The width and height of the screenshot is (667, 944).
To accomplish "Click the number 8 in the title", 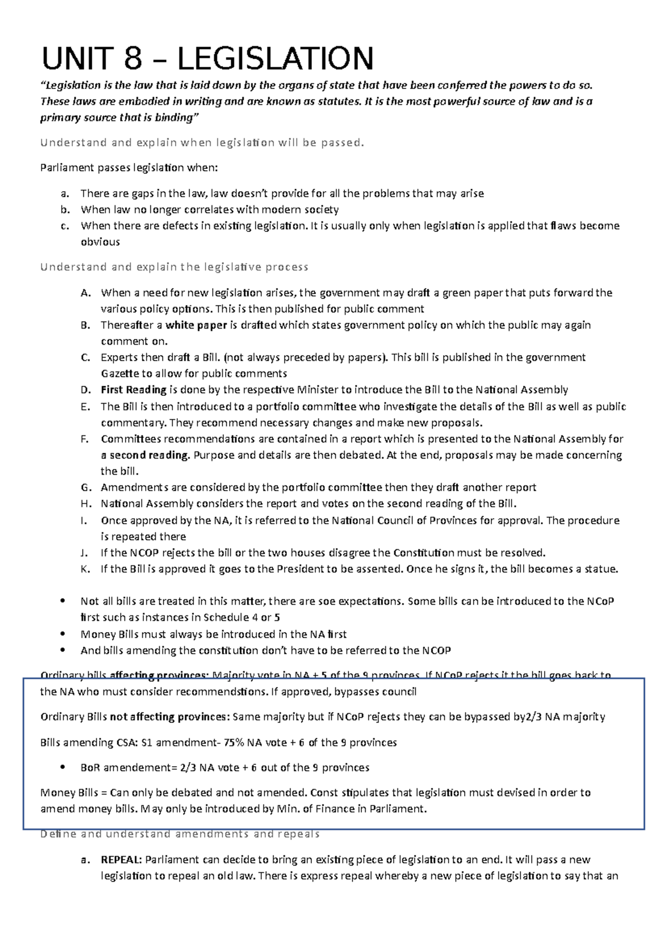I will pyautogui.click(x=133, y=59).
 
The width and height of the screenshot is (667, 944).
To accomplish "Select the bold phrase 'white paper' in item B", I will pyautogui.click(x=196, y=325).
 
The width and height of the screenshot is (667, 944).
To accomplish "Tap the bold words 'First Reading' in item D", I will pyautogui.click(x=133, y=390).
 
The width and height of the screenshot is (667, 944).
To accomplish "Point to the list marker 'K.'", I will pyautogui.click(x=85, y=569).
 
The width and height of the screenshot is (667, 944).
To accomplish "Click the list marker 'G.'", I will pyautogui.click(x=85, y=488).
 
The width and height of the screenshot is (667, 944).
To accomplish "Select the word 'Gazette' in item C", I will pyautogui.click(x=119, y=374).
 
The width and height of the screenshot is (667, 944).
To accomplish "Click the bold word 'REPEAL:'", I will pyautogui.click(x=121, y=860).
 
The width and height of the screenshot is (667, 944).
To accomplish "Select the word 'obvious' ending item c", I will pyautogui.click(x=100, y=242).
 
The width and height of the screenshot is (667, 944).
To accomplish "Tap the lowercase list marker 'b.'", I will pyautogui.click(x=65, y=210).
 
